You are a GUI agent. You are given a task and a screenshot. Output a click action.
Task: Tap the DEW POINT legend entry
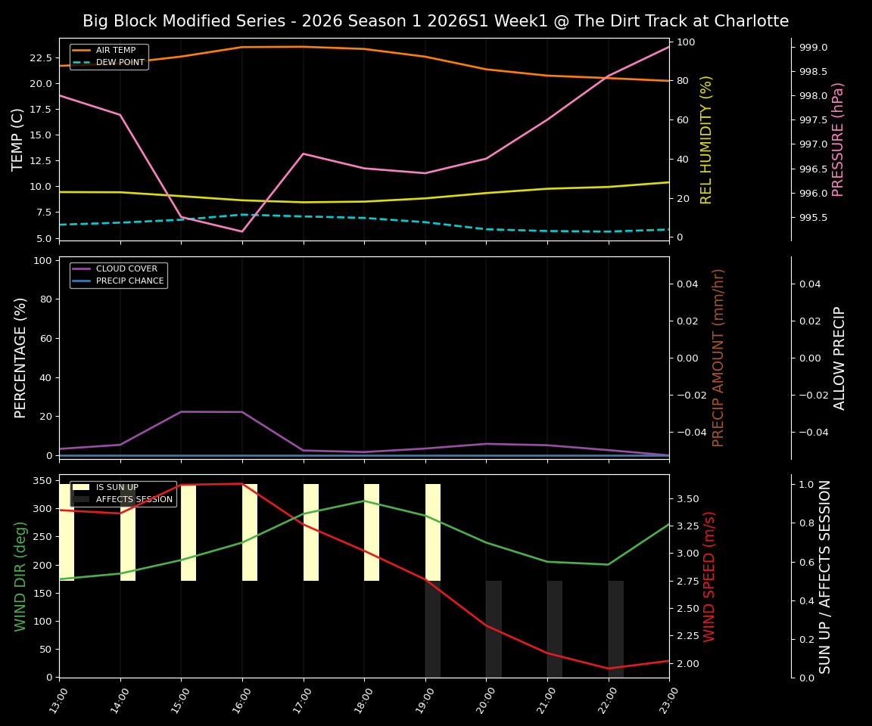coord(120,63)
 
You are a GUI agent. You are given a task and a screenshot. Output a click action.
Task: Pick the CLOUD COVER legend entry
coord(126,269)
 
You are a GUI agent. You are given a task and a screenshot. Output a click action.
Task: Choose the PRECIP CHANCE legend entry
coord(129,281)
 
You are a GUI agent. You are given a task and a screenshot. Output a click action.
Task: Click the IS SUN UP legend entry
coord(117,488)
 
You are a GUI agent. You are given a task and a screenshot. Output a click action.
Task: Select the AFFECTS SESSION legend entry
coord(134,500)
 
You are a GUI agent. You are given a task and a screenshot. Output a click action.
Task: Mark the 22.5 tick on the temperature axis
coord(39,57)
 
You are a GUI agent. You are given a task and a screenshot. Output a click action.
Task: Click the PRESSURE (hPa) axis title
coord(838,139)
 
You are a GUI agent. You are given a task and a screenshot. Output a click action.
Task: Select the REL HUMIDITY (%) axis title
coord(706,139)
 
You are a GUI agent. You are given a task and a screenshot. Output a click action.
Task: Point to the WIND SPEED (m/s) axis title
coord(709,576)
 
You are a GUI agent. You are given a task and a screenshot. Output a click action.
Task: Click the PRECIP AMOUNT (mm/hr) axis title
coord(718,357)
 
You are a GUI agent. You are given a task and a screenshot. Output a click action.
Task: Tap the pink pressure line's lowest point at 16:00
coord(241,231)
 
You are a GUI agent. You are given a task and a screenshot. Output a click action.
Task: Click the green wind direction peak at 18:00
coord(364,501)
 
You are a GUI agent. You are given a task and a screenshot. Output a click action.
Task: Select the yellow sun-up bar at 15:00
coord(188,532)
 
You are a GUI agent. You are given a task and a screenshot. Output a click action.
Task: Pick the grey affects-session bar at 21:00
coord(555,628)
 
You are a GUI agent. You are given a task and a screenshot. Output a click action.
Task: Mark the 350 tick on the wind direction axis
coord(42,481)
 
